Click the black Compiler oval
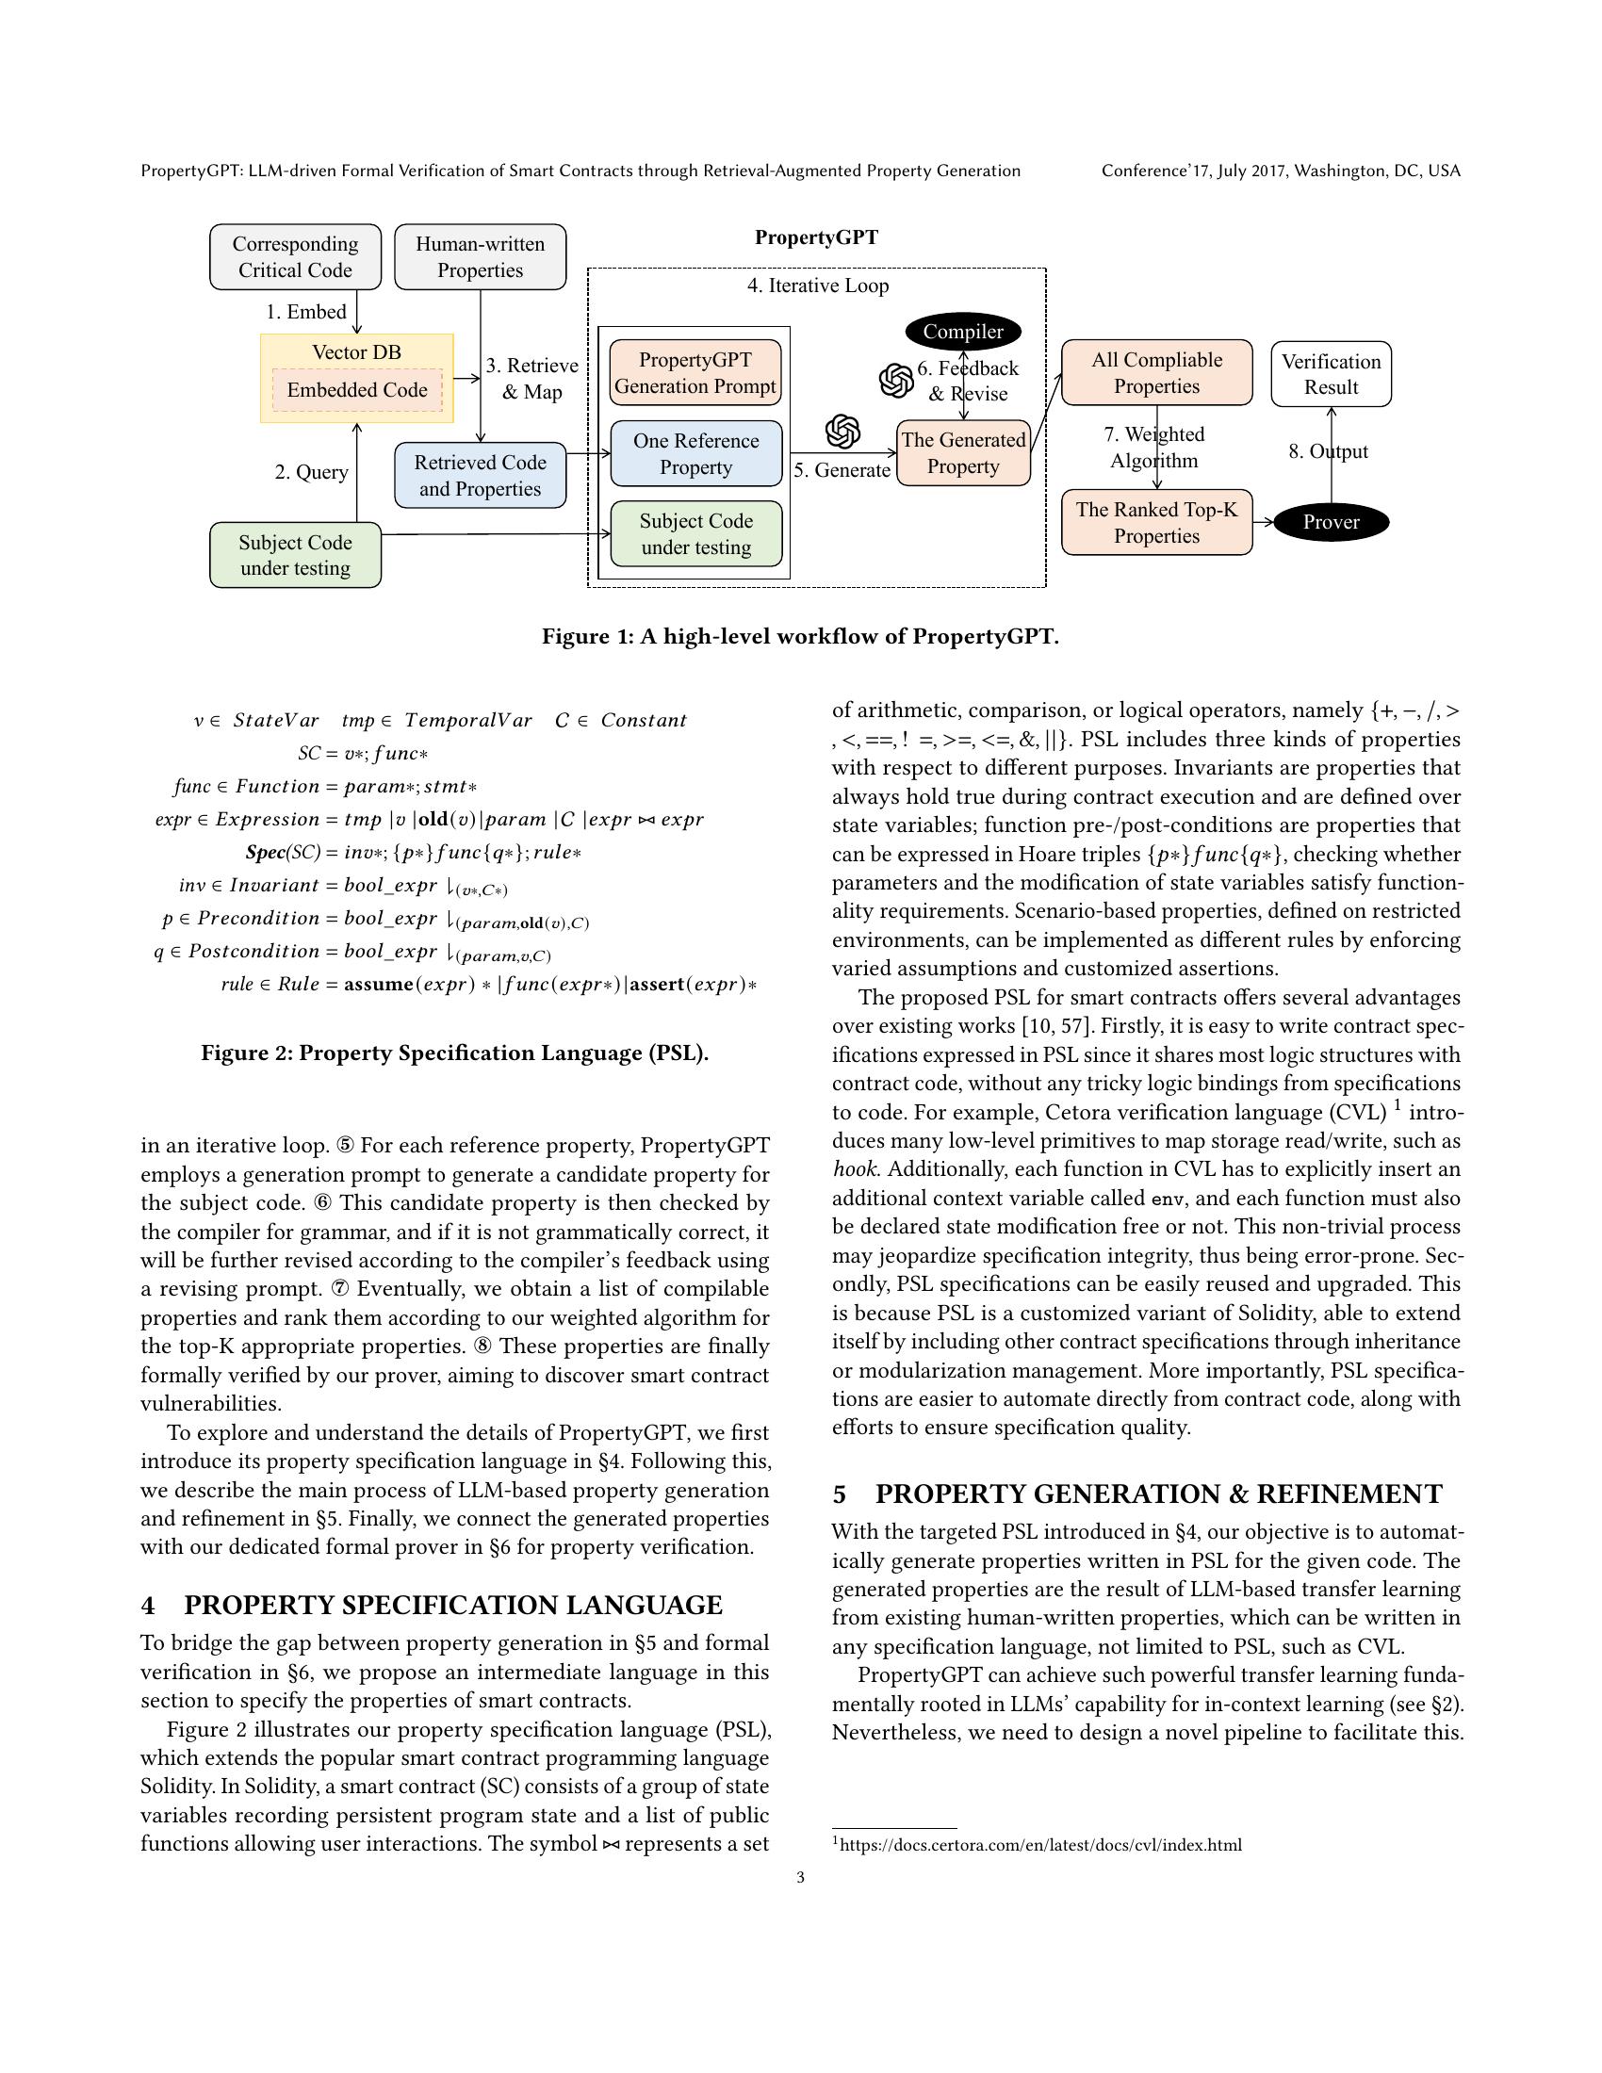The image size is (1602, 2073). [962, 332]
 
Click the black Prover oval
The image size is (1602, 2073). [1331, 522]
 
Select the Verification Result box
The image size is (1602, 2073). [1331, 374]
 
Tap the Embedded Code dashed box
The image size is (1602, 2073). [357, 390]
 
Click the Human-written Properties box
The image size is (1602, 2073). [481, 257]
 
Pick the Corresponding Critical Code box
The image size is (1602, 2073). [295, 257]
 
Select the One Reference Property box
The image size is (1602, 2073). [695, 454]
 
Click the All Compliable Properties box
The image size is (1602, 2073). [1156, 373]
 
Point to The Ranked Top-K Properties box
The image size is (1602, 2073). [1156, 522]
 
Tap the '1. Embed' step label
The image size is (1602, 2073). [305, 312]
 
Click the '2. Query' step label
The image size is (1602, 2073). [311, 472]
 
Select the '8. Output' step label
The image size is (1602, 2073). [1328, 451]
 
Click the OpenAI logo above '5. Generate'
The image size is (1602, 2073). [842, 432]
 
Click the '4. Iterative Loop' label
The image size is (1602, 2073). [817, 286]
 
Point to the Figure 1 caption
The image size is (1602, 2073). [800, 636]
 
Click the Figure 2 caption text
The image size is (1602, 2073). [454, 1053]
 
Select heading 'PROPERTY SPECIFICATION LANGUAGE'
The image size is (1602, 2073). [452, 1605]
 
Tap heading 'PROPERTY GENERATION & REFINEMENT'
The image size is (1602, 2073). [1158, 1494]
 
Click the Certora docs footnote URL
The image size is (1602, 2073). [1040, 1845]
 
